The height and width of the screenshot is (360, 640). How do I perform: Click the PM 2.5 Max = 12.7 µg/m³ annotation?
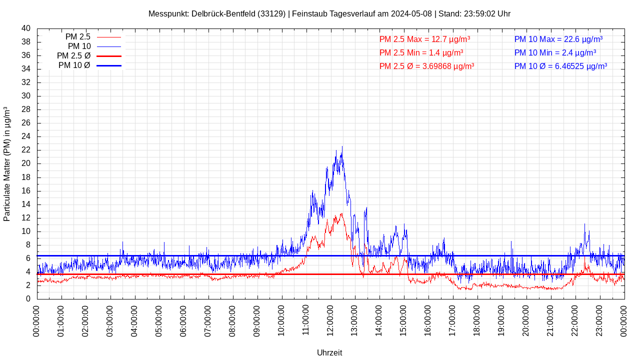point(424,39)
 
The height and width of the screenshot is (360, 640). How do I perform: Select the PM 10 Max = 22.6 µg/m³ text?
point(558,39)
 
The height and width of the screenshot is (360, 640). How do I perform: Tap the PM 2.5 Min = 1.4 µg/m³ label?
point(421,52)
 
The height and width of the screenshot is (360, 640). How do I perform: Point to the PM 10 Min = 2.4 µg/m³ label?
point(555,52)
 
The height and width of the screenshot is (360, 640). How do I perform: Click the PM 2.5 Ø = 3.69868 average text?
point(426,66)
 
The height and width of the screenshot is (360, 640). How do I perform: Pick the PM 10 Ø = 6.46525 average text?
point(560,66)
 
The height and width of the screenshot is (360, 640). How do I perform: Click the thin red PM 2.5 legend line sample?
point(108,37)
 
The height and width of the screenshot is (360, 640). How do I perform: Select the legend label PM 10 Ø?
point(74,65)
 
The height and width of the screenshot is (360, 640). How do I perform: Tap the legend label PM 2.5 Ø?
point(73,56)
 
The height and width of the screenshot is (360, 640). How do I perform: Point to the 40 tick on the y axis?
point(26,28)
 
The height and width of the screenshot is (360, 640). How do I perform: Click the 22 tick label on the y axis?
point(26,150)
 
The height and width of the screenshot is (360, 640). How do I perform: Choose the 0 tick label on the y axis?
point(28,299)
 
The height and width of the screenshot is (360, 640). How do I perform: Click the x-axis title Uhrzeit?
point(329,353)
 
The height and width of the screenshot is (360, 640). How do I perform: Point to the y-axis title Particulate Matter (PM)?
point(7,164)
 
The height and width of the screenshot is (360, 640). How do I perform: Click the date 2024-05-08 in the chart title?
point(411,13)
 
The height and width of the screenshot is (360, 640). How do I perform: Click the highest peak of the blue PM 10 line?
point(342,146)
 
